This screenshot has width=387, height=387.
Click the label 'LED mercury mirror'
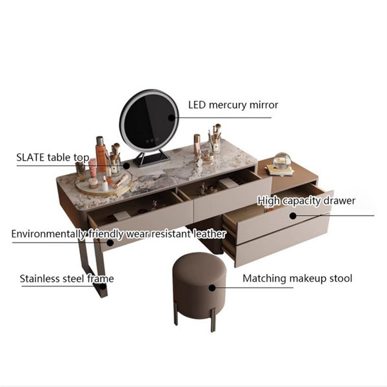[x=233, y=105]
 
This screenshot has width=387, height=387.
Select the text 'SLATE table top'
[x=53, y=157]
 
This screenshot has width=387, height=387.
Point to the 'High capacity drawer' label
[x=306, y=201]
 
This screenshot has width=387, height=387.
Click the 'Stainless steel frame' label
[x=66, y=279]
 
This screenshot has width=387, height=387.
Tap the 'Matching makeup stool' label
[x=297, y=279]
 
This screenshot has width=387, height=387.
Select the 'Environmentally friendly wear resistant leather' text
[x=119, y=234]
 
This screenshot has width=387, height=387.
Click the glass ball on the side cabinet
[x=283, y=161]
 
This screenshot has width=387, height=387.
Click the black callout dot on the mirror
[x=172, y=118]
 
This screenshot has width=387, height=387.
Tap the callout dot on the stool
[x=212, y=288]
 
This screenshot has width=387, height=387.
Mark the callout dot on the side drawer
[x=293, y=216]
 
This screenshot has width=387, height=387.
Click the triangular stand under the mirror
[x=152, y=159]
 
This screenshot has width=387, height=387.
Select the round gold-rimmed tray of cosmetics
[x=104, y=183]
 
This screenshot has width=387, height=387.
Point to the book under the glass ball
[x=280, y=170]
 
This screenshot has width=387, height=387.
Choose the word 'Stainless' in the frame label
[x=39, y=279]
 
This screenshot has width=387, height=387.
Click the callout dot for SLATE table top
[x=126, y=166]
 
